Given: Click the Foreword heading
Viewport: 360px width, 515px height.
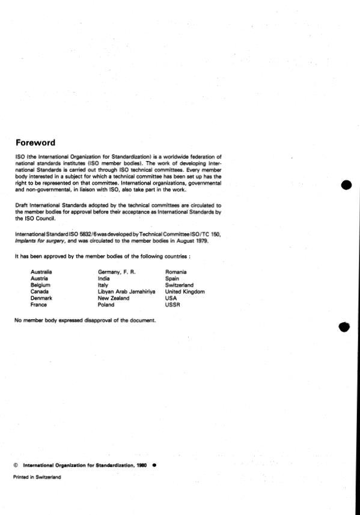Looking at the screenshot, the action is (35, 143).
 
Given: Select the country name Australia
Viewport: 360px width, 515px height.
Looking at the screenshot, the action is (41, 272).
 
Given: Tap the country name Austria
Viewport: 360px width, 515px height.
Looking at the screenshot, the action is (39, 279).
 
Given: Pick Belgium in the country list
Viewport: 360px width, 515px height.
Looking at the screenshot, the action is (40, 285).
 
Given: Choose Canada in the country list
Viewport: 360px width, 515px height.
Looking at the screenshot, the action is (40, 292).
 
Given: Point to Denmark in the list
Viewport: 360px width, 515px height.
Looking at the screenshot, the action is (41, 299).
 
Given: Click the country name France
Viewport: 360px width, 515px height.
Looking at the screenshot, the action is (38, 305).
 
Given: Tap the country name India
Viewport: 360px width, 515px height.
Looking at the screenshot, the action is (103, 279).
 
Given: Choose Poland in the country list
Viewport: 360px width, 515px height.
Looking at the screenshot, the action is (106, 305).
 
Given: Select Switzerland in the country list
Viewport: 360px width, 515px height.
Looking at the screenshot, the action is (180, 285).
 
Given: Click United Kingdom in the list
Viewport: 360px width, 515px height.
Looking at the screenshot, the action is (185, 292).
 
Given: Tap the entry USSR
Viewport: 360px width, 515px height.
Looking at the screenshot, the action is (172, 305).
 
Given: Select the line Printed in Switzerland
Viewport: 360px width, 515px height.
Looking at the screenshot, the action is (37, 477).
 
